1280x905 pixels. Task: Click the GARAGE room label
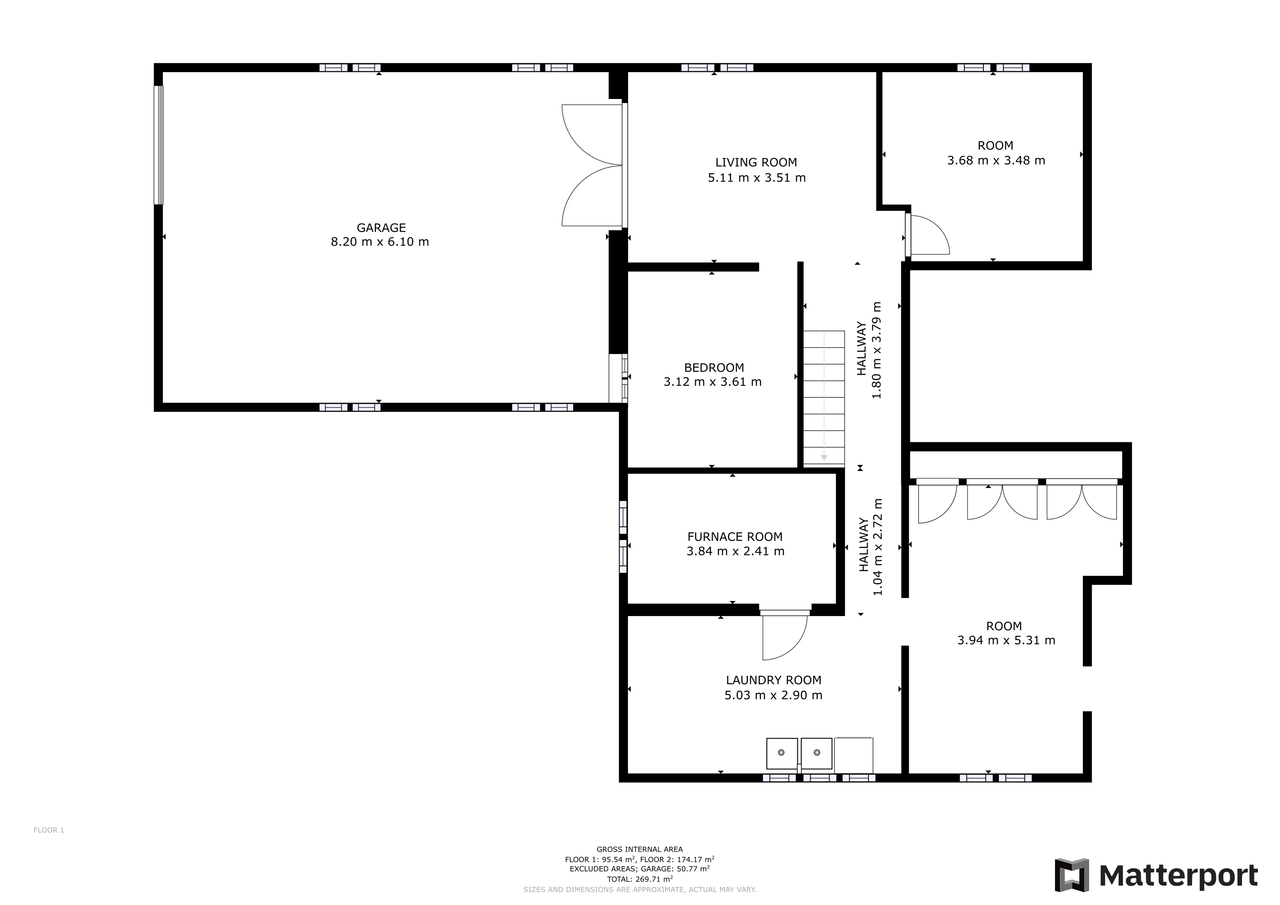[381, 228]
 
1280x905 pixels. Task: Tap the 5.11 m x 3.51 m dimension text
[757, 178]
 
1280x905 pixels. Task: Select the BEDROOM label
[713, 368]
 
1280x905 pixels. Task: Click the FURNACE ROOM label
[735, 536]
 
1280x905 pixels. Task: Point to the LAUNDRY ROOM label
[773, 680]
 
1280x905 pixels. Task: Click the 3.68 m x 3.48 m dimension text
[996, 160]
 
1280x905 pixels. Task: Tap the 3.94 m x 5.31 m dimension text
[1006, 640]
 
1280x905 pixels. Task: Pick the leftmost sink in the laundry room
[781, 753]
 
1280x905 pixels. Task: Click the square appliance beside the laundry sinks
[853, 755]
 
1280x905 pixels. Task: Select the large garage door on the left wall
[159, 145]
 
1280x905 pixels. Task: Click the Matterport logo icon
[1071, 876]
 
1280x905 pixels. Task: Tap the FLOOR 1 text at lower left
[49, 830]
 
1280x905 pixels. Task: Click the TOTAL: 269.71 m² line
[640, 879]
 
